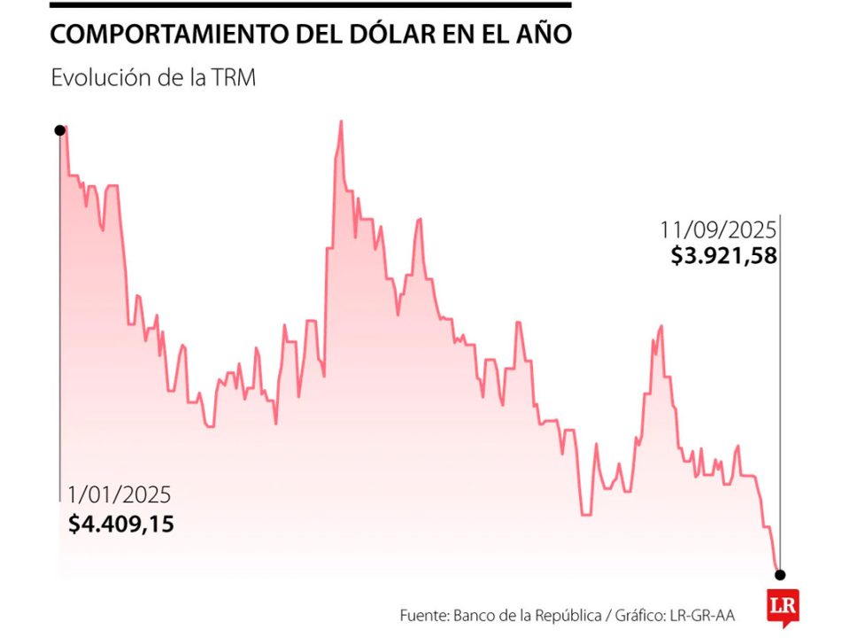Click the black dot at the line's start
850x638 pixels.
59,129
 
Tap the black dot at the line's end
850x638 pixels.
779,574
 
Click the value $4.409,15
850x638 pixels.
121,524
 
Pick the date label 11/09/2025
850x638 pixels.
717,230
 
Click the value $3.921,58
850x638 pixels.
723,257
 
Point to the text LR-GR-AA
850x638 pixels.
703,614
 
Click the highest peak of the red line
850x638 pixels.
341,122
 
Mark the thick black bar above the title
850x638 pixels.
310,5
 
